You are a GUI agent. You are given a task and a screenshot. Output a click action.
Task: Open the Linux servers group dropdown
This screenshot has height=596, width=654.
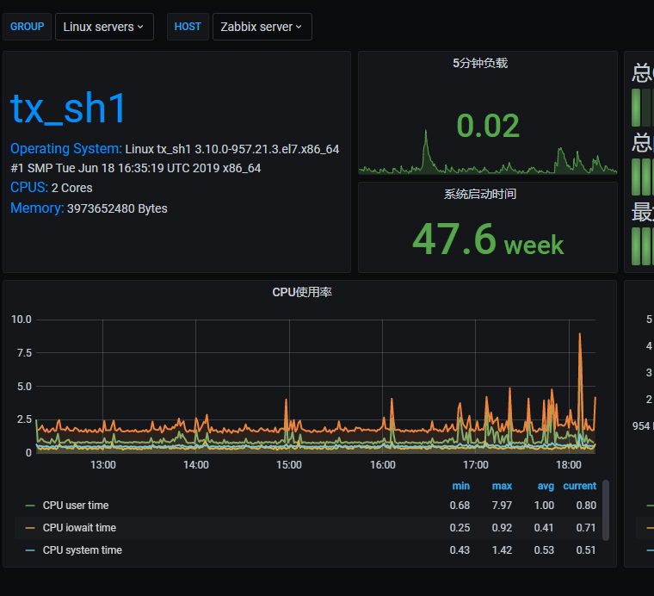[104, 27]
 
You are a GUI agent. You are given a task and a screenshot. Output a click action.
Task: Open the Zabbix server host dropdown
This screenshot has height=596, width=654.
[262, 27]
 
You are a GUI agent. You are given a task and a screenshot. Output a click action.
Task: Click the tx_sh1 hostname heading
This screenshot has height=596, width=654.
[69, 109]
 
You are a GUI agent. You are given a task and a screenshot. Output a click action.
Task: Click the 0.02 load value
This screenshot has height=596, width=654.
[488, 126]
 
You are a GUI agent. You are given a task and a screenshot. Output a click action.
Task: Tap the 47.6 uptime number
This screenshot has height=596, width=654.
[454, 239]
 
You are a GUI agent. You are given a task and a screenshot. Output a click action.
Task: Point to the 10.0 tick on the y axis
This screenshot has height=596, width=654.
[22, 320]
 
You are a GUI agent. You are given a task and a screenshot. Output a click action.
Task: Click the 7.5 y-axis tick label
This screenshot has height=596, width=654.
[23, 353]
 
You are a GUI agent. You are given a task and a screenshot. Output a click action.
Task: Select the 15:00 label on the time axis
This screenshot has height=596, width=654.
[289, 465]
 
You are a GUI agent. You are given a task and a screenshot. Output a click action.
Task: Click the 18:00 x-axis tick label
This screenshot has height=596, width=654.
[569, 465]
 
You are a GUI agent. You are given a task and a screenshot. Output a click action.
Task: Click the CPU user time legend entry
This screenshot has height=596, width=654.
[76, 506]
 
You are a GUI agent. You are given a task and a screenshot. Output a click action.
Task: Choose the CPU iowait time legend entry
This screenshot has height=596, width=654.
[79, 528]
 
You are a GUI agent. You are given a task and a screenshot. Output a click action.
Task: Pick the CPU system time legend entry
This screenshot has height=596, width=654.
[82, 550]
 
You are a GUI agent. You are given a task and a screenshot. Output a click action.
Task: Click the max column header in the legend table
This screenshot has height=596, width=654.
[502, 486]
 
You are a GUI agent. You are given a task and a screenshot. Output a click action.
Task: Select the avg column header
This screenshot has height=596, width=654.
[545, 486]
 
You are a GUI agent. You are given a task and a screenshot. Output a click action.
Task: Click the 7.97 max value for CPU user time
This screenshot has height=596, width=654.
[502, 506]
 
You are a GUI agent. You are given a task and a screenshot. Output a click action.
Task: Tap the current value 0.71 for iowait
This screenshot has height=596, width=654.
[586, 528]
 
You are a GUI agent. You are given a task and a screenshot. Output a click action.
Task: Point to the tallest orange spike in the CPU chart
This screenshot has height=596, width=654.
[581, 335]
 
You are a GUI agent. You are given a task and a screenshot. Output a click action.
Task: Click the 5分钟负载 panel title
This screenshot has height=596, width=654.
[480, 63]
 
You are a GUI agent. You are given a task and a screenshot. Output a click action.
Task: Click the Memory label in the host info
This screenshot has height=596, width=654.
[36, 208]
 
